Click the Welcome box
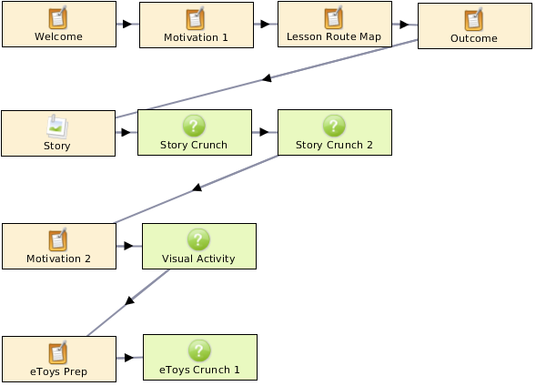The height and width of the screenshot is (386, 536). pos(59,24)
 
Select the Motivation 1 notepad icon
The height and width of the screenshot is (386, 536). pos(195,19)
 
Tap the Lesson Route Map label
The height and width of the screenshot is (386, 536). pos(334,36)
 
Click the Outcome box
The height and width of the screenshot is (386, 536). pos(475,26)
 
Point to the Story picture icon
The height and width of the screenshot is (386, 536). pos(57,127)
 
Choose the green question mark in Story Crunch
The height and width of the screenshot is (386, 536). pos(194,126)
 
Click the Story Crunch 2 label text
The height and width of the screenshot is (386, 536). pos(334,145)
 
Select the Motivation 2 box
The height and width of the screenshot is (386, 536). pos(59,246)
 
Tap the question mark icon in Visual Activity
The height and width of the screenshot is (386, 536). pos(198,239)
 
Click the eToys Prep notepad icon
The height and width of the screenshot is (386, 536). pos(57,352)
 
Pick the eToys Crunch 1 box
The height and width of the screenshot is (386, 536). pos(200,357)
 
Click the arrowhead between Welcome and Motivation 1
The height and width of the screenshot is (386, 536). pos(127,24)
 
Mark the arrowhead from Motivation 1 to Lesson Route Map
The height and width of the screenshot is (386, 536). pos(265,24)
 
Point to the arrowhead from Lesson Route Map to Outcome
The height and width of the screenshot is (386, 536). pos(404,25)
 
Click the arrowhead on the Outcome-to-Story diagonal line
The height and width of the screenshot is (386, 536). pos(267,78)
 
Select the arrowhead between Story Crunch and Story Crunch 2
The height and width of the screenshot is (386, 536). pos(264,132)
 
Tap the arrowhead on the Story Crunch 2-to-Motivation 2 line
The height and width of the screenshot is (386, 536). pos(197,188)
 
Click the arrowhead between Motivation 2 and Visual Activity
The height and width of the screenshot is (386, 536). pos(128,246)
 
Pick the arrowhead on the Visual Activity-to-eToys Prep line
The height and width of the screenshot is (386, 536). pos(129,300)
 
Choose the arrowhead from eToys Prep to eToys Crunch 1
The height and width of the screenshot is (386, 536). pos(129,358)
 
